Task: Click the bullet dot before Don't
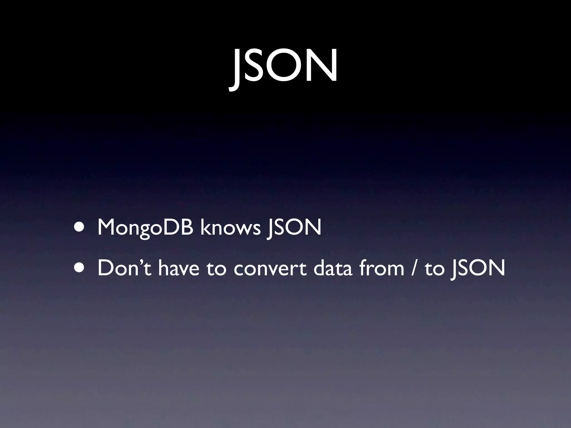pos(80,269)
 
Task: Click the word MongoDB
pos(145,228)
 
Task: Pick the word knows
pos(230,227)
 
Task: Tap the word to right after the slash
pos(434,269)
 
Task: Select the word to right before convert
pos(216,269)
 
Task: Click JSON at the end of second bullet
pos(477,269)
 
